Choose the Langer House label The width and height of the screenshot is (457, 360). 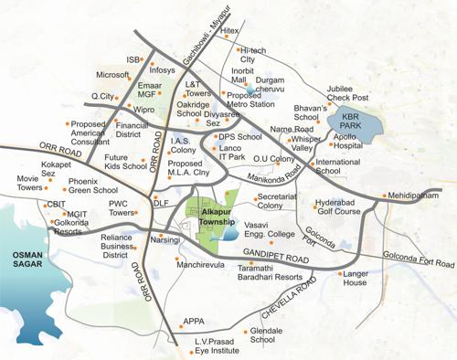click(360, 278)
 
